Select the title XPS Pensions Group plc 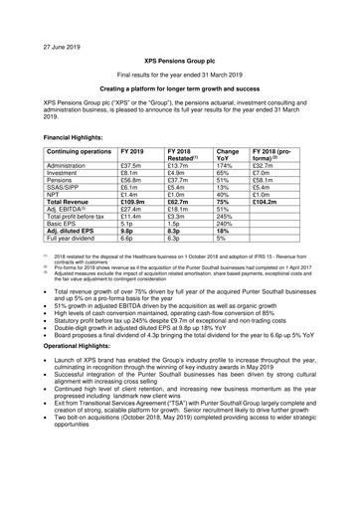tap(179, 60)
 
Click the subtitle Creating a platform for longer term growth tap(179, 89)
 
